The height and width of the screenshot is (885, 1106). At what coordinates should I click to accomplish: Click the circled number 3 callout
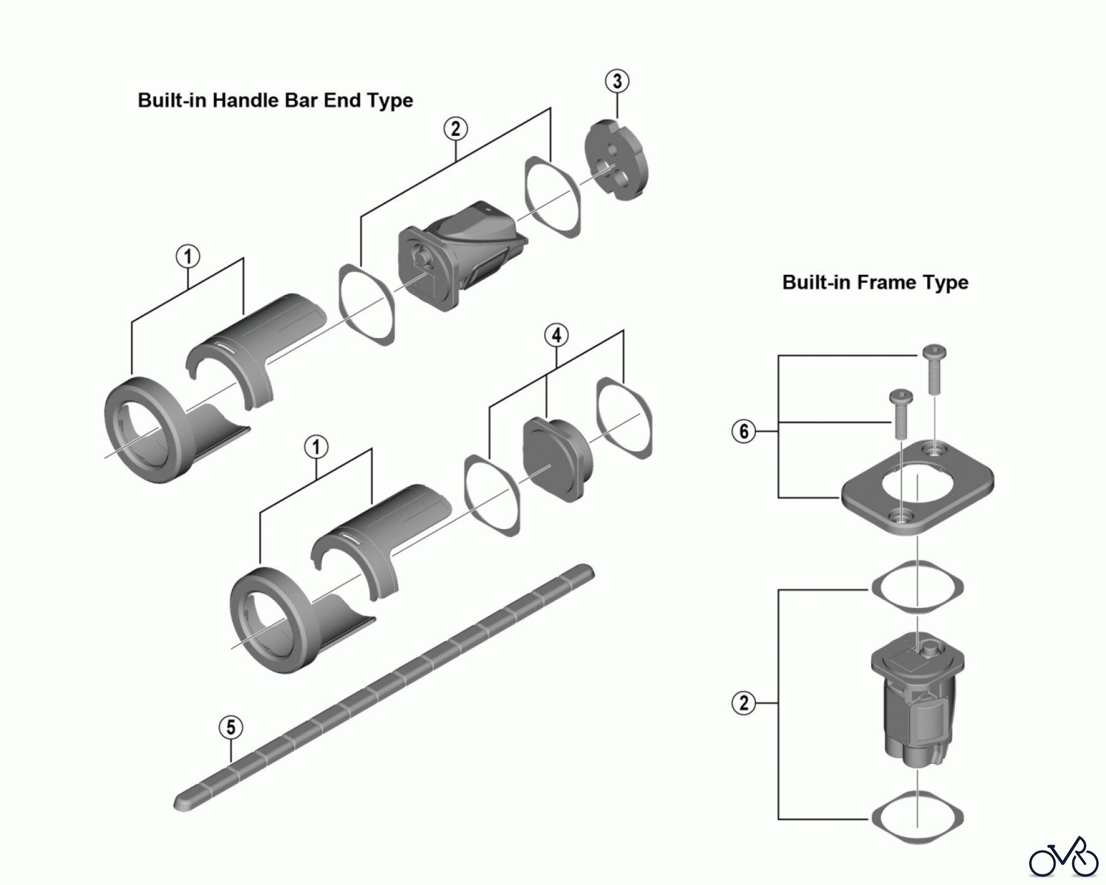[x=617, y=81]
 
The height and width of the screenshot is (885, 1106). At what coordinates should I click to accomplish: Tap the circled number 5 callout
[x=230, y=728]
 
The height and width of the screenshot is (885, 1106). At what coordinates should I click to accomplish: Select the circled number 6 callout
[x=743, y=431]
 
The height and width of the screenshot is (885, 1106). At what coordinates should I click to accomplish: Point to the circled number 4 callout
[x=556, y=336]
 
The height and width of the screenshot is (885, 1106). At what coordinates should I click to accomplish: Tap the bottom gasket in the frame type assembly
[x=917, y=817]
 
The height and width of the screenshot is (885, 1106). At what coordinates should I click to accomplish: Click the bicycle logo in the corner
[x=1064, y=856]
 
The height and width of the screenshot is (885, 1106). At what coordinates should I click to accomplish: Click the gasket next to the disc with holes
[x=552, y=197]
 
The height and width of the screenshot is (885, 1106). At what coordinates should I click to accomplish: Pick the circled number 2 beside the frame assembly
[x=743, y=702]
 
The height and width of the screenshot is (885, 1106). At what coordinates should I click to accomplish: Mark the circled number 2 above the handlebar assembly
[x=455, y=129]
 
